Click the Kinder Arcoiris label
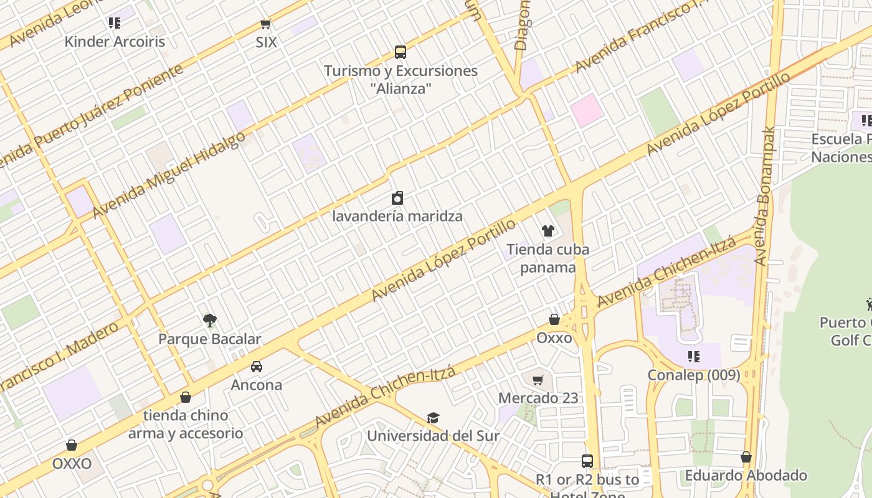115,42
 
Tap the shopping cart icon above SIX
266,24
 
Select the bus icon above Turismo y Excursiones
400,52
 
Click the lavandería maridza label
397,217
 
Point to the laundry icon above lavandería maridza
397,199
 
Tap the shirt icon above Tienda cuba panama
547,231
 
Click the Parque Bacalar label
209,339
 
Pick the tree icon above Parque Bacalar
210,321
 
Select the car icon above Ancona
256,367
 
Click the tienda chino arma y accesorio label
186,424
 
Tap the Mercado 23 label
538,398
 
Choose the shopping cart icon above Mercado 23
538,380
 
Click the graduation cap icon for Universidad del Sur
433,418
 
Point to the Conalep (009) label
694,375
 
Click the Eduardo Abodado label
746,476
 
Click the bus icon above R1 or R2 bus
587,461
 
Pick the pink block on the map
586,110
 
